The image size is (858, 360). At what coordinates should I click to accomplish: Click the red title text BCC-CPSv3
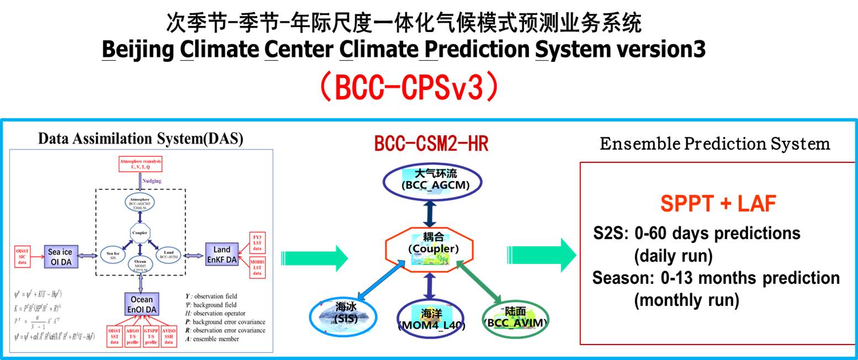pos(409,87)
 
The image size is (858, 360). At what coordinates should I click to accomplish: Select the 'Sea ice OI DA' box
pos(61,257)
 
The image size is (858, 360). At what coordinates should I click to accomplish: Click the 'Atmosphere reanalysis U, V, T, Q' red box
pos(142,163)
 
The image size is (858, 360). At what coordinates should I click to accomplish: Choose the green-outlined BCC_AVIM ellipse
pos(515,317)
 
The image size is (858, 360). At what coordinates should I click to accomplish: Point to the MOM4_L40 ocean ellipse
pos(431,319)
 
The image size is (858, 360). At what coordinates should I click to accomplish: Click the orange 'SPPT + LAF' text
pos(718,204)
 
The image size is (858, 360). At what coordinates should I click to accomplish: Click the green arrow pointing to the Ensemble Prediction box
pos(541,255)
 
